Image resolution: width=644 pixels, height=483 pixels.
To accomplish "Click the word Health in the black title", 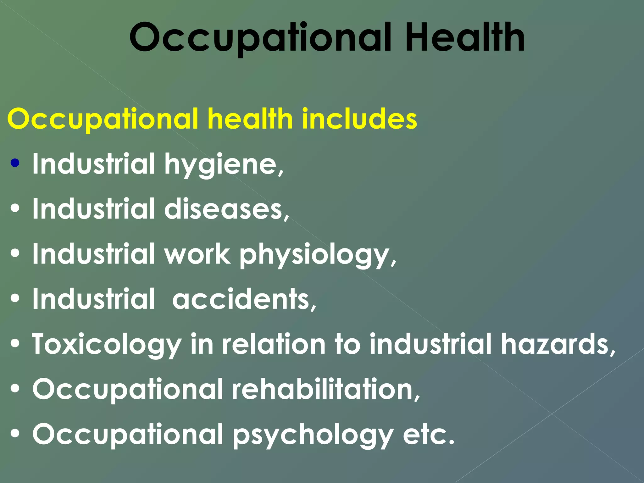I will click(465, 38).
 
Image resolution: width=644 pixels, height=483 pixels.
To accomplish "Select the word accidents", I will click(244, 299).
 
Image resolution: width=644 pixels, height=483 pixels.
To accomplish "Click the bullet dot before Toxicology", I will click(15, 344).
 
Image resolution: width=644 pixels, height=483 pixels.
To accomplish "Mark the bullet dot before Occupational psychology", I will click(15, 434).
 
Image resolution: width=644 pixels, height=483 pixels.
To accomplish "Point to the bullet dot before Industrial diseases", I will click(15, 208).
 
